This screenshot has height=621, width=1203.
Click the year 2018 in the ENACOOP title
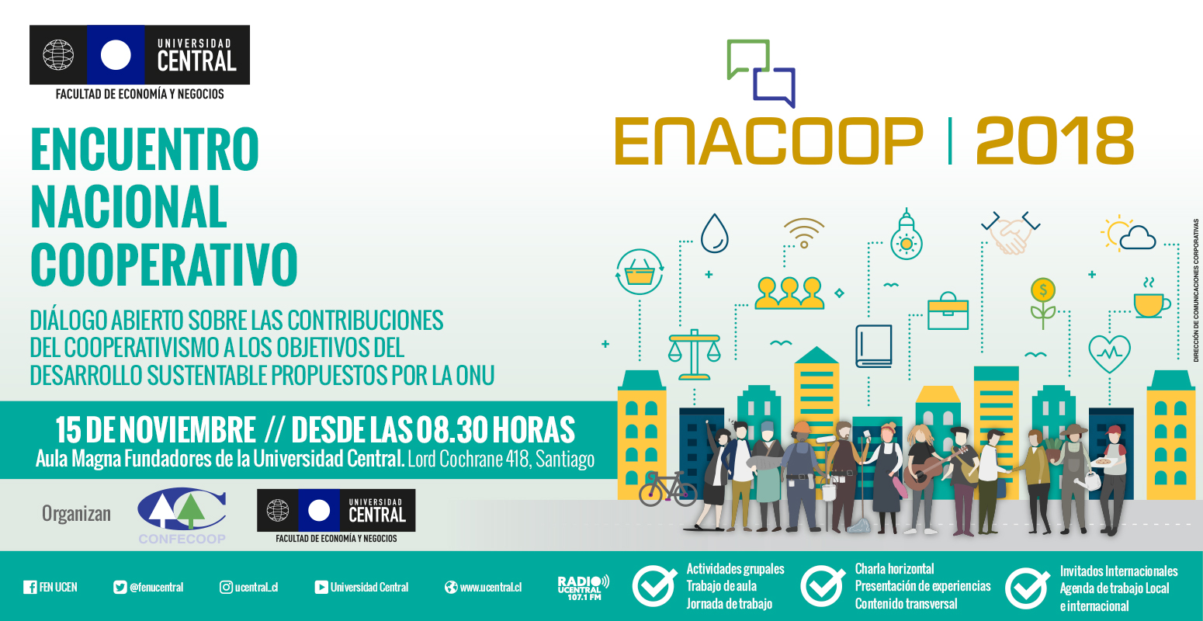coord(1054,141)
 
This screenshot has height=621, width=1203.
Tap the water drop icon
coord(714,234)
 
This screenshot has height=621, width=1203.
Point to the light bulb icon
coord(907,235)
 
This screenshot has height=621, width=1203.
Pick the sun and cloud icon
coord(1128,234)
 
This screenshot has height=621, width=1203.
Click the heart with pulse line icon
coord(1110,353)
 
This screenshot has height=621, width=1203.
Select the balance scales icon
coord(694,354)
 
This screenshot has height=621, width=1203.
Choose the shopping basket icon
coord(639,272)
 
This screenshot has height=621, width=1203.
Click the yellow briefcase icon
coord(948,311)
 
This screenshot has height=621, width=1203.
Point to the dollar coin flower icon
coord(1043,303)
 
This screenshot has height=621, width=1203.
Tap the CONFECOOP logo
coord(182,515)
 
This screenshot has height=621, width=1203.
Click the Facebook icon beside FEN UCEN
coord(30,587)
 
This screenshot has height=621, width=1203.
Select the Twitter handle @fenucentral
coord(156,587)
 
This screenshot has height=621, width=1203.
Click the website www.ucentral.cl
coord(491,587)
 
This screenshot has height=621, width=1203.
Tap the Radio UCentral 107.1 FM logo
coord(583,588)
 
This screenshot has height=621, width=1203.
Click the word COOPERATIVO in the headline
coord(164,264)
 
